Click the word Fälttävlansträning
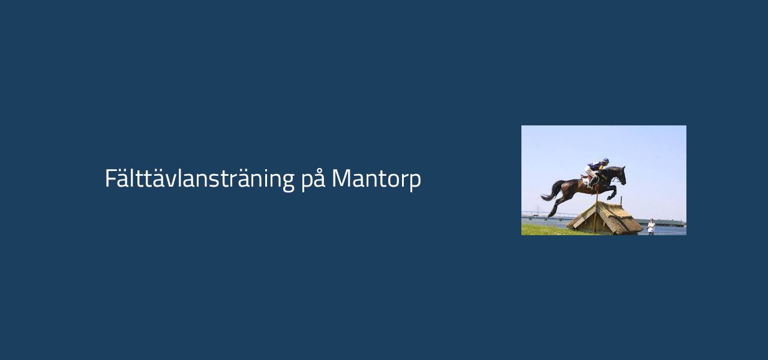coord(200,179)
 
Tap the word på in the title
coord(313,179)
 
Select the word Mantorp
coord(376,179)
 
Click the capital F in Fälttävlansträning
coord(110,178)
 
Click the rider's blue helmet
coord(606,160)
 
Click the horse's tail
coord(553,191)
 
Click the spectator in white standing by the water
coord(651,227)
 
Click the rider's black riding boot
coord(592,181)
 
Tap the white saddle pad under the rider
coord(586,181)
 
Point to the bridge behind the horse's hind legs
coord(548,215)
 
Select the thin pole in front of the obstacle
coord(596,212)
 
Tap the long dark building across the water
coord(664,223)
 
